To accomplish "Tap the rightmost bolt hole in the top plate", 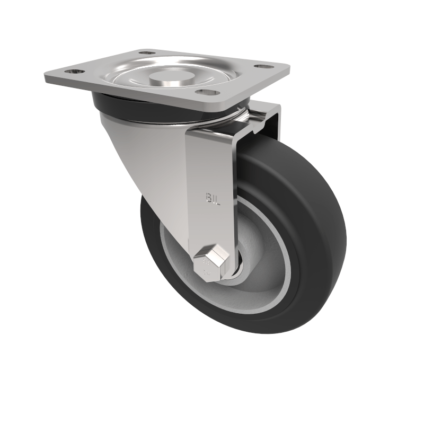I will [x=261, y=66].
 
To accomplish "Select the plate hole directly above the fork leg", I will [x=207, y=92].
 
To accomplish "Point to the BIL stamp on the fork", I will [x=212, y=198].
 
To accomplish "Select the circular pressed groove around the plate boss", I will [x=132, y=79].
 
